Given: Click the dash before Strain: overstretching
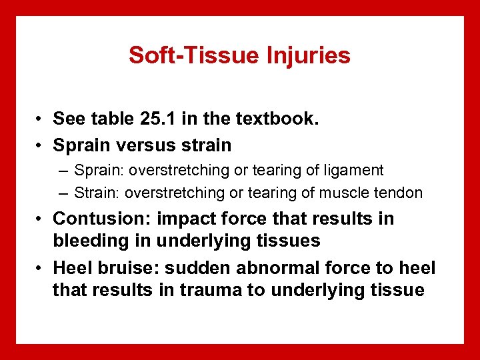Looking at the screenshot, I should [63, 193].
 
